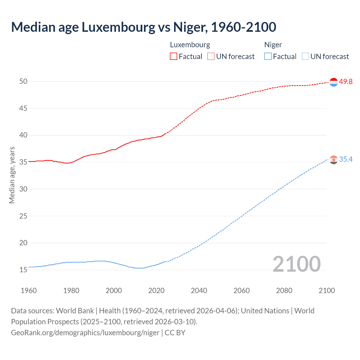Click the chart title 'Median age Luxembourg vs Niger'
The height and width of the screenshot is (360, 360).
(143, 27)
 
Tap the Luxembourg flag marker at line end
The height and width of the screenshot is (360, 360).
(334, 82)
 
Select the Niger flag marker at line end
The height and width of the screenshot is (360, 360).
(334, 160)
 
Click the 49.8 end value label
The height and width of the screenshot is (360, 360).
(346, 82)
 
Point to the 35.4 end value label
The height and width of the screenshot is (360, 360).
(346, 159)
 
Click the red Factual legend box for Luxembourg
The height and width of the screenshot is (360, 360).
(174, 56)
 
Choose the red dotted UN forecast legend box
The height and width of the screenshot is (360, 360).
(211, 56)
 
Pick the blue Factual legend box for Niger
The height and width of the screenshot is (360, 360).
(268, 56)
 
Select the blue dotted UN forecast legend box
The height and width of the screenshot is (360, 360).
(305, 56)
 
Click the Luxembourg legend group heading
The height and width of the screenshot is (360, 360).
(190, 45)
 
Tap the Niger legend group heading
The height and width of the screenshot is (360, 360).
(273, 45)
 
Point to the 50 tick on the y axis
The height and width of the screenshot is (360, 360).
(23, 81)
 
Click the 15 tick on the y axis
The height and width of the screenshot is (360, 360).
(23, 270)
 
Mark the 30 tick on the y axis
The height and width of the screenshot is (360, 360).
(23, 189)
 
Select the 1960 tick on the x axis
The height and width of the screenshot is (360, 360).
(29, 291)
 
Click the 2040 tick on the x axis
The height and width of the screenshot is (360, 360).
(199, 291)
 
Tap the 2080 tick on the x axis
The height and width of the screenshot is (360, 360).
(284, 291)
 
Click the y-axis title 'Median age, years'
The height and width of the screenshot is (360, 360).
(12, 175)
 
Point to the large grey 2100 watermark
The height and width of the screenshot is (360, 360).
(296, 264)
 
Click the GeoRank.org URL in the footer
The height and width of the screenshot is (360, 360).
(85, 333)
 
